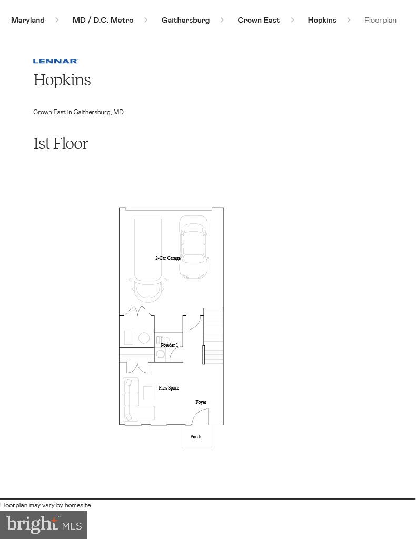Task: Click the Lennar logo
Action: pos(55,61)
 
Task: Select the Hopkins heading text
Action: pos(62,80)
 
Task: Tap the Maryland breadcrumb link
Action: pos(28,20)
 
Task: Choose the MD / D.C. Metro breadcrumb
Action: pos(103,20)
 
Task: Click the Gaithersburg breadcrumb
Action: pos(185,20)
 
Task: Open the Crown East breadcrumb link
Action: pos(259,20)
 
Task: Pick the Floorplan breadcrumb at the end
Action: pos(380,20)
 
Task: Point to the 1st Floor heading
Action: pos(61,144)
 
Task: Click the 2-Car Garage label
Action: pos(167,258)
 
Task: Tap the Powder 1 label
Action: pos(169,345)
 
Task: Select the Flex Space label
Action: pos(169,388)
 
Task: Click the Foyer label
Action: pos(201,402)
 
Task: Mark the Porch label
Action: pos(196,437)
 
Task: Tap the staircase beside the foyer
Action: pos(213,335)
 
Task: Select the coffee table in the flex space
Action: pos(147,393)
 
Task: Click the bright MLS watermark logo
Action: pos(44,524)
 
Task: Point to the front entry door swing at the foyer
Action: pos(200,417)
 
